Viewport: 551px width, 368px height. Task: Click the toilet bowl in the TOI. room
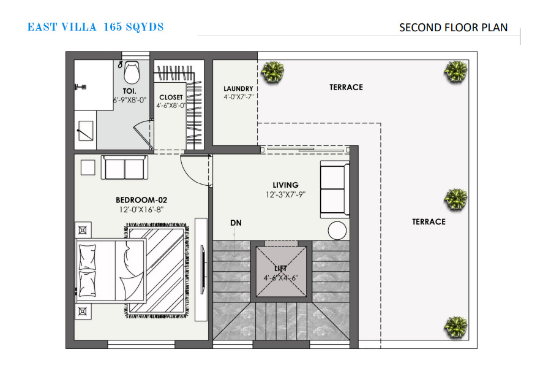coord(132,72)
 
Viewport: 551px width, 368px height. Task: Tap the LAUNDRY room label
coord(238,89)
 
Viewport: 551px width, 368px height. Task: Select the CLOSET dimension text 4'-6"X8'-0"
coord(171,105)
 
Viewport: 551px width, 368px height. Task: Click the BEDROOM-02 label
coord(141,200)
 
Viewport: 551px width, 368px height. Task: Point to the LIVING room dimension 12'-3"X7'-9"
coord(285,194)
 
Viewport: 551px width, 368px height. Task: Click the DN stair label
coord(236,223)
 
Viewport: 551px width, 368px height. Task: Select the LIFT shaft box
coord(281,272)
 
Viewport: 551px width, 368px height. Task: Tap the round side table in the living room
coord(337,231)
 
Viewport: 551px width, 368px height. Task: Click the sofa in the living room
coord(334,190)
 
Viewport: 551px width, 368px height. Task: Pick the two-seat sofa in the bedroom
coord(124,167)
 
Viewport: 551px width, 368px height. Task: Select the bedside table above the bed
coord(83,231)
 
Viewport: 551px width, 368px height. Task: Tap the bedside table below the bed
coord(83,312)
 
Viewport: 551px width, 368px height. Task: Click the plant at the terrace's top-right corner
coord(455,72)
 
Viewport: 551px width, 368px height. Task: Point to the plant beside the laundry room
coord(272,72)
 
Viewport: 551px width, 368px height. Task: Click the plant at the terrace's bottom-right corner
coord(455,327)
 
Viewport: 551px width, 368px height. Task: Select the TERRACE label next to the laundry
coord(346,87)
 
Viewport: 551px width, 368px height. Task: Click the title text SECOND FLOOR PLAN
coord(453,28)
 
